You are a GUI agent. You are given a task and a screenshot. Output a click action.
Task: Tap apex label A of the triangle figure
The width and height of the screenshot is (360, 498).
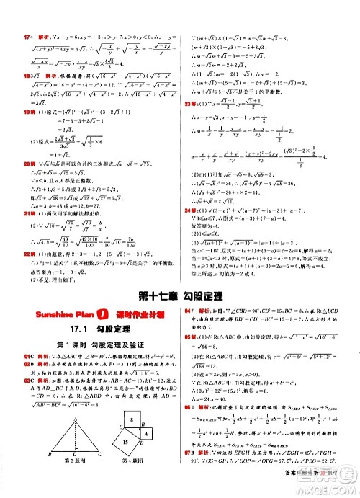(x=66, y=409)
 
